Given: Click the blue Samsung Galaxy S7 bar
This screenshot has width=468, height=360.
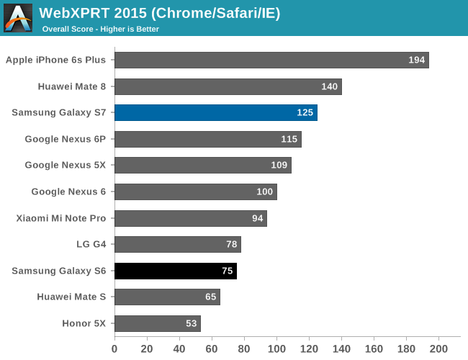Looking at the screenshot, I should pos(215,113).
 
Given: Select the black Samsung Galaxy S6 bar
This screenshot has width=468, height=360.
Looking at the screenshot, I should pos(175,271).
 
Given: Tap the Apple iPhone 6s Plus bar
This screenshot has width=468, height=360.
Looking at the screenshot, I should pos(271,60).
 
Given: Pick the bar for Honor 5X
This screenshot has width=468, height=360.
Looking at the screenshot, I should pos(157,323).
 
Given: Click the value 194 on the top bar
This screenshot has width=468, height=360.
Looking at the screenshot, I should pos(417,60).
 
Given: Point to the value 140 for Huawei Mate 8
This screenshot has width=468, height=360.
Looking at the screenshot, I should pos(330,87).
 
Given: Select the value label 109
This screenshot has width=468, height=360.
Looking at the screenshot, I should pos(279,166).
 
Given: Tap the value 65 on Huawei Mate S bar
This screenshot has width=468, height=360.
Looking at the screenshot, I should pos(210,297).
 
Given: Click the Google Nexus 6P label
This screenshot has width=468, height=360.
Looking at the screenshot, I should pos(65,139).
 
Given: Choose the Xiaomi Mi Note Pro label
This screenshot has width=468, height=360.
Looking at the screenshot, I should pos(61,218).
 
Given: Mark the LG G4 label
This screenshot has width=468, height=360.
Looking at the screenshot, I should pos(91,244).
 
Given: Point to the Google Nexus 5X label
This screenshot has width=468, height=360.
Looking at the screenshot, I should pos(65,166).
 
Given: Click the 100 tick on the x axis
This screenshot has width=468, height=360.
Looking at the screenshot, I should pos(276,349).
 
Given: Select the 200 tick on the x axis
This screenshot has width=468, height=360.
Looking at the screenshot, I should pos(438,349).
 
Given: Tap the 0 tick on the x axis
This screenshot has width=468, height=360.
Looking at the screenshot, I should pos(114,349).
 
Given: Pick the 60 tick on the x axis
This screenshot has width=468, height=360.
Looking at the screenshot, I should pos(212,349).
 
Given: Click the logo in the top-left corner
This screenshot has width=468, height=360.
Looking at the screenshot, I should pos(18,18).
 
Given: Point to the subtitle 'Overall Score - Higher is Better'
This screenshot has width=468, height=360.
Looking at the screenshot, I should pos(100,30).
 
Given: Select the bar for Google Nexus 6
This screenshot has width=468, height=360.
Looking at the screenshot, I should pos(195,192).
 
